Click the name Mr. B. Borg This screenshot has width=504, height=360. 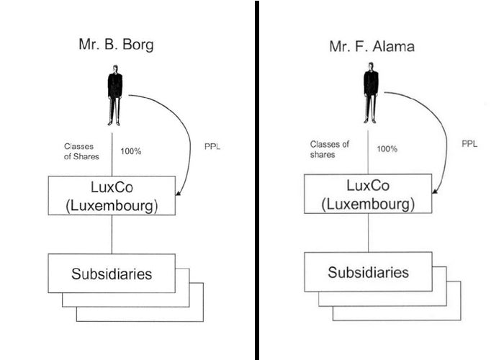pos(116,45)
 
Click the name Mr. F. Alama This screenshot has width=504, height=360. pos(372,46)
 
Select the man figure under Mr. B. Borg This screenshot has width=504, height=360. pos(114,95)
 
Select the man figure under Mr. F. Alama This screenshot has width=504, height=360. pos(371,93)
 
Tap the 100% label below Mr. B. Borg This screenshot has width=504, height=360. pos(131,151)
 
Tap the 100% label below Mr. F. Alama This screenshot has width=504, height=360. pos(387,149)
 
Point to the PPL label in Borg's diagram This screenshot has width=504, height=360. pos(212,147)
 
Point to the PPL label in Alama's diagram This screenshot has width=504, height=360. pos(469,144)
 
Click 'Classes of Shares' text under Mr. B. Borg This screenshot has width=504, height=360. pos(81,151)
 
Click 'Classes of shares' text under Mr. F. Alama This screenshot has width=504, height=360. pos(330,149)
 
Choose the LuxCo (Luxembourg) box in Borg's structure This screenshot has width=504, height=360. pos(112,195)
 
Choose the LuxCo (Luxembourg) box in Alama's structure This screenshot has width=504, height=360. pos(368,194)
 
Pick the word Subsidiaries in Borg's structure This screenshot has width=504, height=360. pos(112,274)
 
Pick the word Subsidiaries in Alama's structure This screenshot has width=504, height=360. pos(368,272)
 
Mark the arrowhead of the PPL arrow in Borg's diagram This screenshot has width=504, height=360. pos(178,193)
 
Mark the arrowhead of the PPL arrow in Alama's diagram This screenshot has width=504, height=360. pos(435,191)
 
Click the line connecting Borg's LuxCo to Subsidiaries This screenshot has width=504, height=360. pos(112,234)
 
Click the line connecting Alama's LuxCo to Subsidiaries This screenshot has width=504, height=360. pos(369,233)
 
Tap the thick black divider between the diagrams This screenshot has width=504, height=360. pos(257,180)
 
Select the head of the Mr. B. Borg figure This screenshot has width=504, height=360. pos(115,69)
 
